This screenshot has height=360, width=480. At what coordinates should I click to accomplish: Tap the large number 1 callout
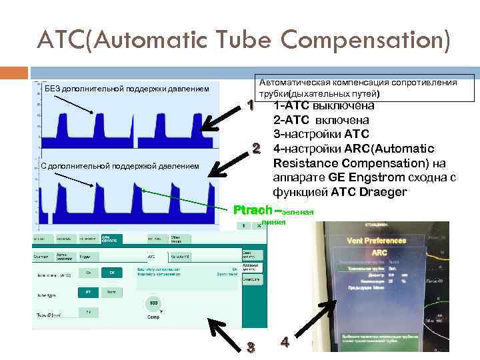pos(251,106)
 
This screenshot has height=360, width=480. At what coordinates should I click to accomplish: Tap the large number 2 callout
pos(255,147)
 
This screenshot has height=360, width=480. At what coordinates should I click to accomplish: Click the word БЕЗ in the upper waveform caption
pos(53,89)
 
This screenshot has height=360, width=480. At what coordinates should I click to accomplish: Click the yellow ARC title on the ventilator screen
pos(379,253)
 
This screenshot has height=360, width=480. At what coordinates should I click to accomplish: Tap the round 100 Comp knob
pos(153,304)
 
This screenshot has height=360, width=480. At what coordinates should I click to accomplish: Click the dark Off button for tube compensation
pos(113,273)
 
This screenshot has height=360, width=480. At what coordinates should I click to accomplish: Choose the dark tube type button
pos(87,292)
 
